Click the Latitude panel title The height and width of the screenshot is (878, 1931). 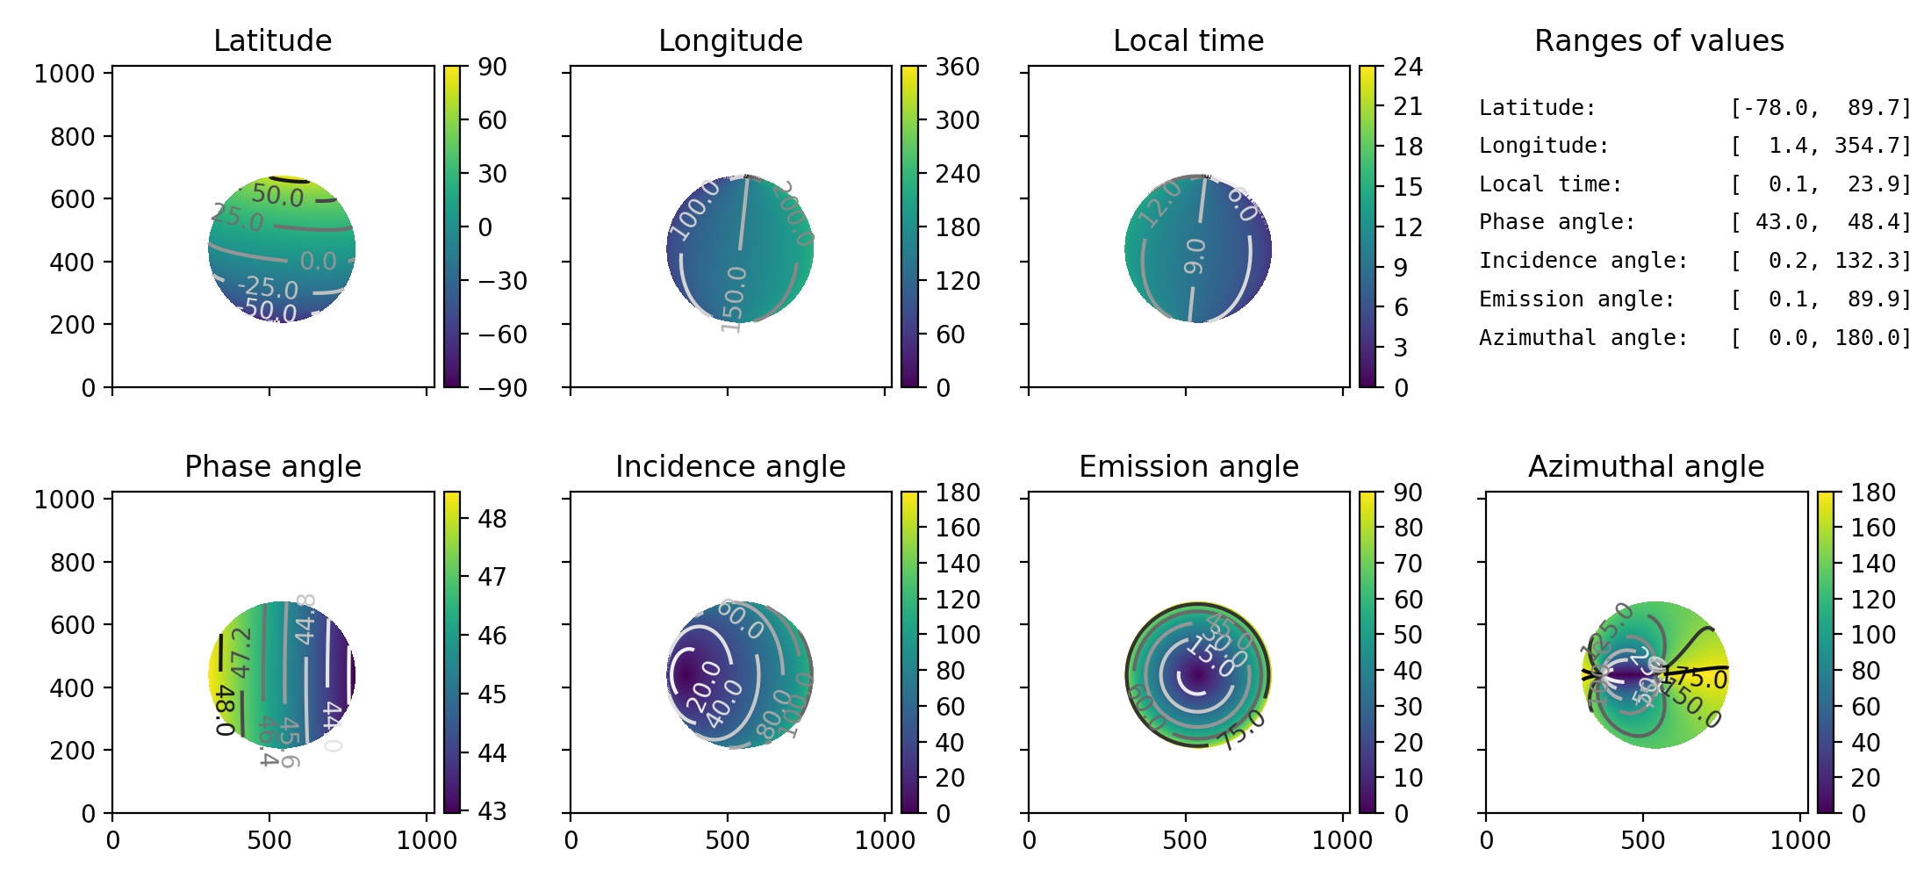272,40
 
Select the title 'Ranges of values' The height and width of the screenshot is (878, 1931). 1659,40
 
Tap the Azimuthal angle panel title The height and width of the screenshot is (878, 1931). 1646,466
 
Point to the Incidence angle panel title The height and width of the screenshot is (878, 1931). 730,466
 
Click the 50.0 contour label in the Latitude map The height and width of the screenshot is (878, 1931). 277,195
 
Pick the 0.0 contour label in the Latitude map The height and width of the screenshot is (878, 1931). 318,261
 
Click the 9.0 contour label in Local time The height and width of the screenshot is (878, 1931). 1195,255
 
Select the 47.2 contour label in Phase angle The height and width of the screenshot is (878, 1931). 240,651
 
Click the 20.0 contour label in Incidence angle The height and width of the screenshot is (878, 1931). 703,687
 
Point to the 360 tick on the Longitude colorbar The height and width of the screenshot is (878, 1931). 957,67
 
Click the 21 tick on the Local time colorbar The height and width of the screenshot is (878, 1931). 1408,106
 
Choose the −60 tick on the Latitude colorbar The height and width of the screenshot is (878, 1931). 502,335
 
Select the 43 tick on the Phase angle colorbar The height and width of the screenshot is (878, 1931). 492,811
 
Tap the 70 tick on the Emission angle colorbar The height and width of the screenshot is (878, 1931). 1408,564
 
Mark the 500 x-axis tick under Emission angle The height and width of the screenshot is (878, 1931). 1184,840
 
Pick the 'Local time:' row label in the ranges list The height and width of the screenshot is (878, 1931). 1550,184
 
